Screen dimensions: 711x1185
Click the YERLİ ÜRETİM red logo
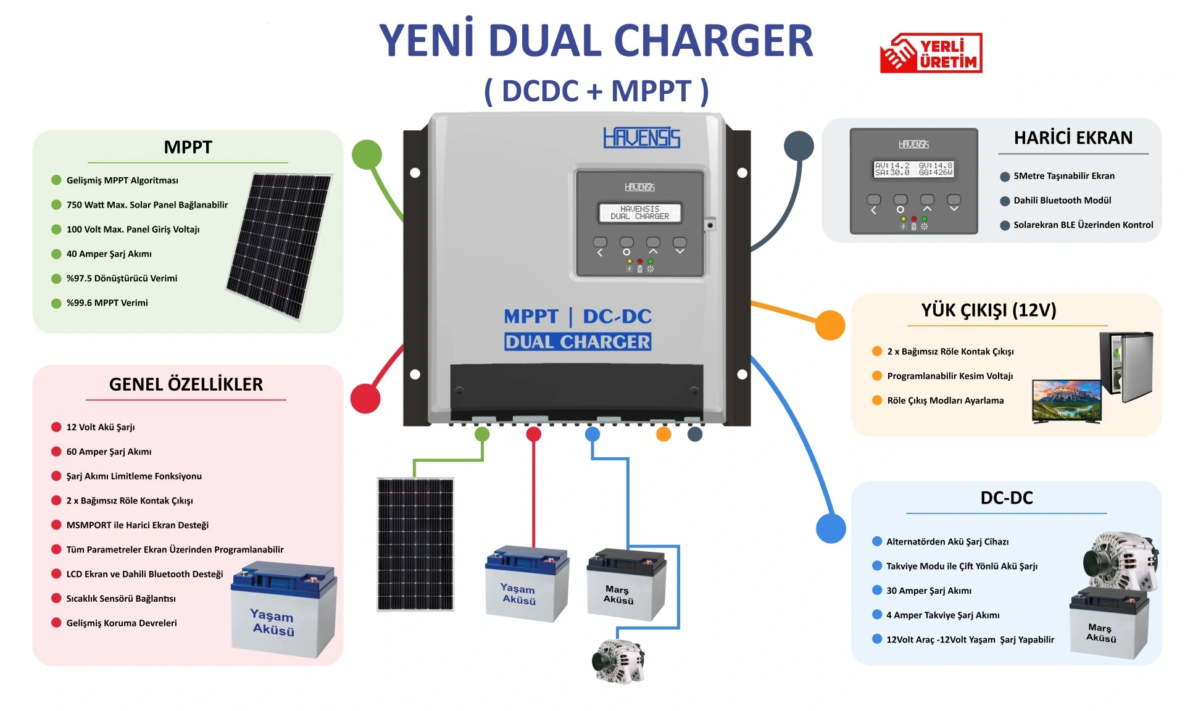point(931,53)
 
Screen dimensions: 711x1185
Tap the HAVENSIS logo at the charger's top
point(641,138)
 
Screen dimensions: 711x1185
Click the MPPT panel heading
point(188,148)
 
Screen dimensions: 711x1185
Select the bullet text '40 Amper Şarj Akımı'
point(109,254)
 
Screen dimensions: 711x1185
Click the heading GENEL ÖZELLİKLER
point(186,385)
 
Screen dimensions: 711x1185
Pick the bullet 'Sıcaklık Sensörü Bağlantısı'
point(121,599)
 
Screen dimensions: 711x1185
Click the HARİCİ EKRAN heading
point(1073,138)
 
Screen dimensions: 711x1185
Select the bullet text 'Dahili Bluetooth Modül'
point(1062,201)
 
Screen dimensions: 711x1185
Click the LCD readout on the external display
point(913,169)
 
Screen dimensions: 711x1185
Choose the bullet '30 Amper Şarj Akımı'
point(928,591)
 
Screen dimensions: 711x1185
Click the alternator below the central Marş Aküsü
point(618,661)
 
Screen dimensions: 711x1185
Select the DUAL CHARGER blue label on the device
point(578,342)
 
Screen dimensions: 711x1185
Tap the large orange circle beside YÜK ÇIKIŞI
point(829,325)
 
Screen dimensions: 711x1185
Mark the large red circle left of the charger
point(365,398)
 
